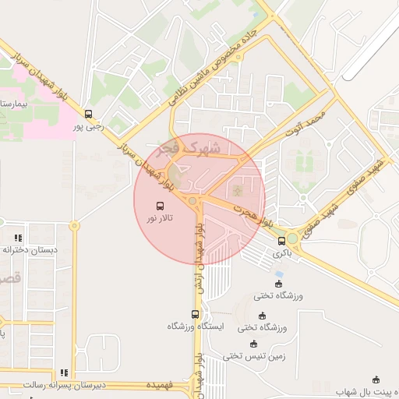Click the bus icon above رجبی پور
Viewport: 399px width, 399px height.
(x=88, y=114)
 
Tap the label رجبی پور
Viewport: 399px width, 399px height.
(x=88, y=126)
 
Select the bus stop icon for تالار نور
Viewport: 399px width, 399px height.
(x=160, y=207)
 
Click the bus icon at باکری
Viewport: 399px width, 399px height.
(x=281, y=241)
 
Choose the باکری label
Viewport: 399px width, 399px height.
(x=281, y=253)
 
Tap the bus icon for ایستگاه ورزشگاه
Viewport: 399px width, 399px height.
(x=195, y=314)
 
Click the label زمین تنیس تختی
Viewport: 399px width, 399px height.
(x=249, y=356)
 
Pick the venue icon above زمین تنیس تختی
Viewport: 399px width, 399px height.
(x=252, y=344)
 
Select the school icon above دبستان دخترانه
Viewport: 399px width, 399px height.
(x=18, y=238)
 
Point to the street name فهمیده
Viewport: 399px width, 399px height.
(x=157, y=385)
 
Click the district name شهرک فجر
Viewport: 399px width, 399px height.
(x=189, y=147)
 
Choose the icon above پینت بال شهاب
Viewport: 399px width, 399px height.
(x=376, y=380)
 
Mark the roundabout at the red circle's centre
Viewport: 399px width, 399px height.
(x=192, y=201)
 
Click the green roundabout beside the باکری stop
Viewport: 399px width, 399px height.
(x=291, y=238)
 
